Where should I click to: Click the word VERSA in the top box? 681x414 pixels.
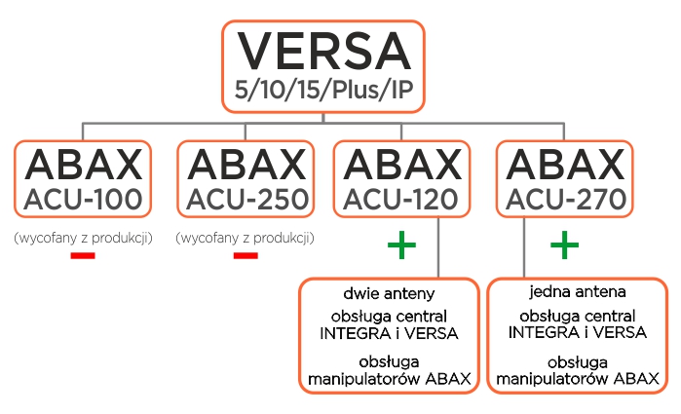tap(324, 51)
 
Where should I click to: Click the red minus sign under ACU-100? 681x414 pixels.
tap(83, 255)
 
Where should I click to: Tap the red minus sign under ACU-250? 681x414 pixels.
tap(246, 255)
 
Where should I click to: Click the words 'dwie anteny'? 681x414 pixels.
tap(389, 292)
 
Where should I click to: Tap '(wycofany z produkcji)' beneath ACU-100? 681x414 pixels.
tap(83, 237)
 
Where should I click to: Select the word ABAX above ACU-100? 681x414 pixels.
tap(83, 163)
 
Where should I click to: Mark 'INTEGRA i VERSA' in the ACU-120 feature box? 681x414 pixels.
tap(389, 332)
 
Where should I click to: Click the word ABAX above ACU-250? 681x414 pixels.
tap(245, 163)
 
